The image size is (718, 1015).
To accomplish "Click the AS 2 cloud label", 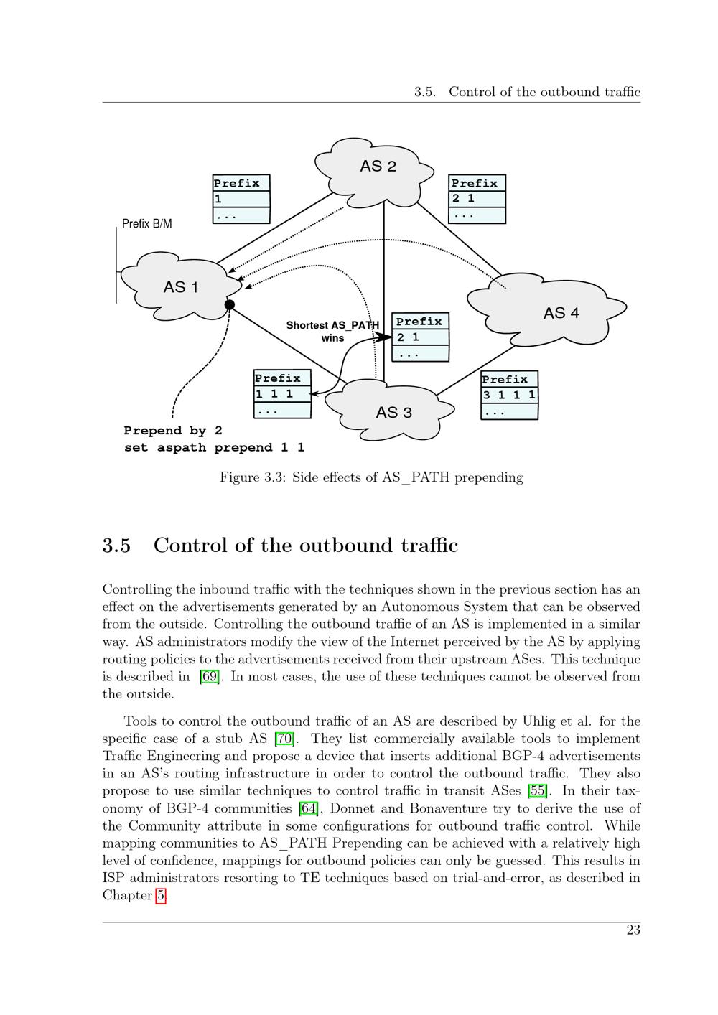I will tap(378, 166).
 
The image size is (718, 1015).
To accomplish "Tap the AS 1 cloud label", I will tap(181, 287).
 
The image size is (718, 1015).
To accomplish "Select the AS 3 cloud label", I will tap(393, 412).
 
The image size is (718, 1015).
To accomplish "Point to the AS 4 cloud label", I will tap(561, 313).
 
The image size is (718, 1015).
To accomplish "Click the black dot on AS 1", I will tap(230, 305).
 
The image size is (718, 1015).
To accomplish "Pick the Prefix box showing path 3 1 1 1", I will tap(509, 395).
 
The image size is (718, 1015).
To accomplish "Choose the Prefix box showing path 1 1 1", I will tap(282, 393).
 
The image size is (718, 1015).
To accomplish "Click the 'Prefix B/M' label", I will tap(147, 224).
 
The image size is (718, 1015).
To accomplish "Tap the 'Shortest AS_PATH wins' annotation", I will tap(332, 331).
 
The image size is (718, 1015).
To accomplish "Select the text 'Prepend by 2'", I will tap(173, 431).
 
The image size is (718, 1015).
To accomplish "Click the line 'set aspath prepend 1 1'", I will tap(214, 447).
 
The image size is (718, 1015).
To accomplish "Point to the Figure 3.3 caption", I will tap(371, 477).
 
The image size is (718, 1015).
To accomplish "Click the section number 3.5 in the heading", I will tap(116, 546).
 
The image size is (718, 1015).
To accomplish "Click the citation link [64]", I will tap(309, 808).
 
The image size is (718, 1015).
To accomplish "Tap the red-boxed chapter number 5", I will tap(162, 896).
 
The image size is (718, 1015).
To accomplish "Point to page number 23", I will tap(633, 930).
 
